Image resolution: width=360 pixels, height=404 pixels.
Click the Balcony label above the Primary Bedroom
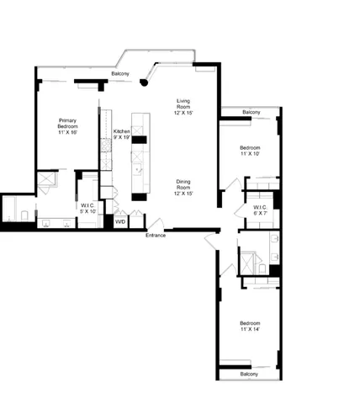coord(121,75)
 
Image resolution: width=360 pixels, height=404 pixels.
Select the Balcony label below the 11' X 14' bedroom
coord(248,374)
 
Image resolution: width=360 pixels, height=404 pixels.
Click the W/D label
coord(120,222)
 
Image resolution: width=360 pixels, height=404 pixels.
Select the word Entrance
coord(156,235)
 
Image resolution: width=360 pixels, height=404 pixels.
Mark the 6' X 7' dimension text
coord(260,213)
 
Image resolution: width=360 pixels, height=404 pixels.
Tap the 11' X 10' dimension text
coord(250,154)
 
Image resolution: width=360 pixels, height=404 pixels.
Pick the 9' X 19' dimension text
coord(122,137)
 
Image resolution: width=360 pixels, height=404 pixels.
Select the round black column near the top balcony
coord(145,83)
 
